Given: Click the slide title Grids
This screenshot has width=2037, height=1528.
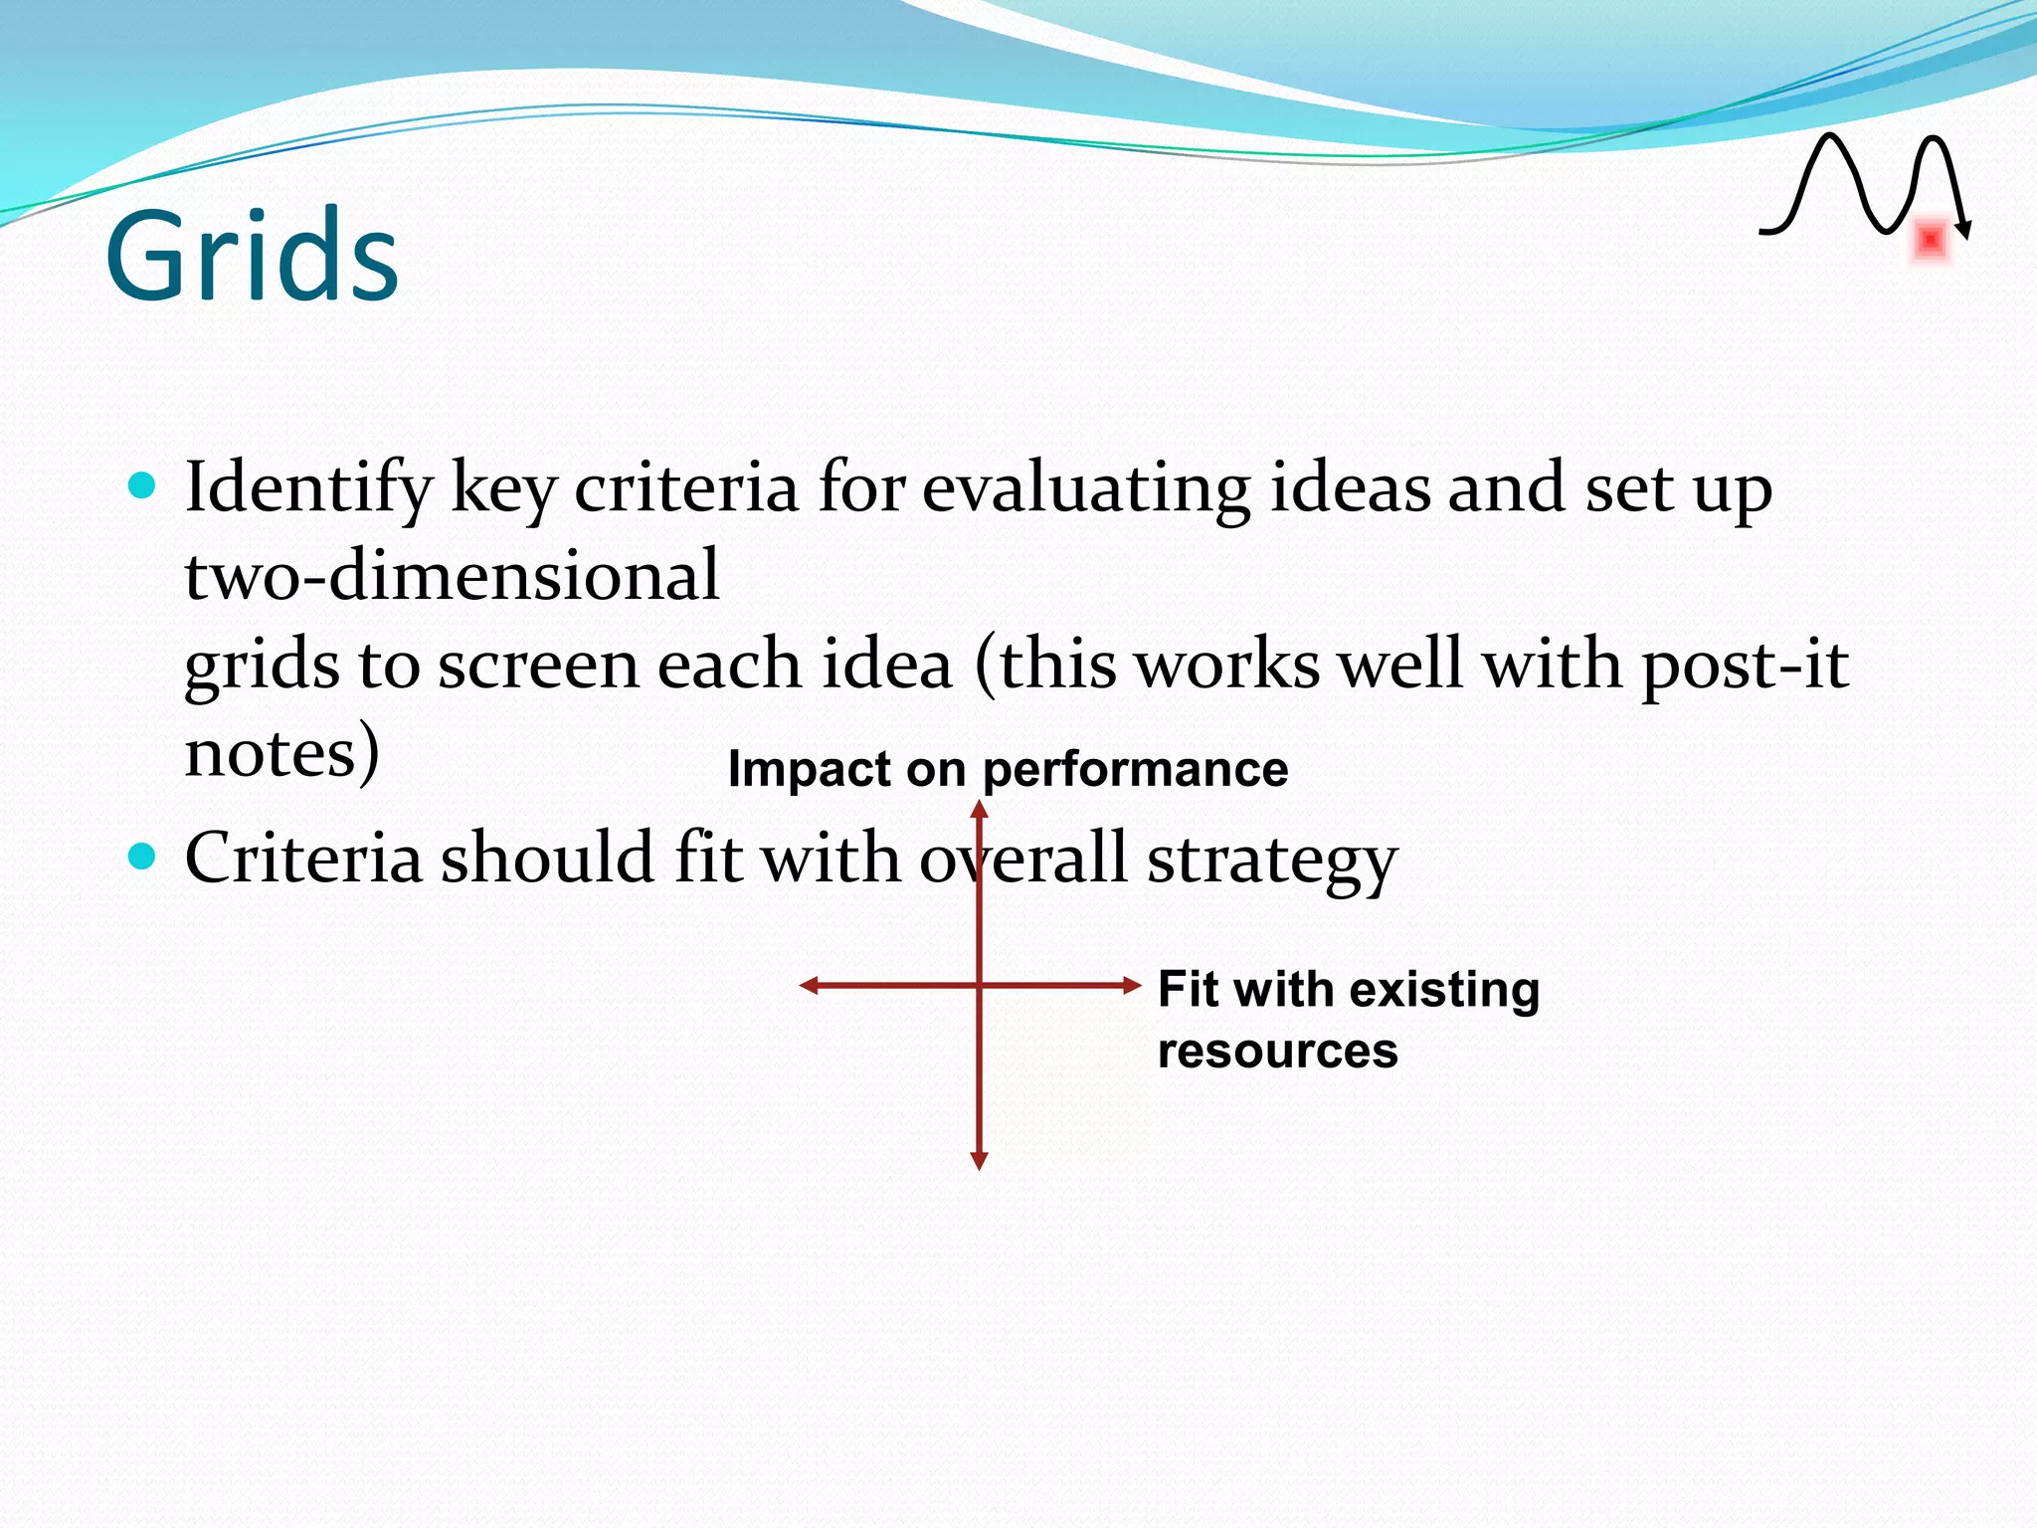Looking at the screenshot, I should (252, 256).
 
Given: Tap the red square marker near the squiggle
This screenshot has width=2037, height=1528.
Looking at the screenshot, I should (1930, 240).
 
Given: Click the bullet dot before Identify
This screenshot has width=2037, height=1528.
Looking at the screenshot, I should (143, 485).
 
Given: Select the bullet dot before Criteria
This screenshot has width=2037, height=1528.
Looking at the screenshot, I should (143, 856).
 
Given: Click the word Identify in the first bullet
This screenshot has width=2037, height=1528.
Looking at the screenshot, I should (308, 489).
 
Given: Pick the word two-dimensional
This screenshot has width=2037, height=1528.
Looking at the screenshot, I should (452, 576).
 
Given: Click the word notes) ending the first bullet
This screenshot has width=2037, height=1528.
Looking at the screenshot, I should (281, 753).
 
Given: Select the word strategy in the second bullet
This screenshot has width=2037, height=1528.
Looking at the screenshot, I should (1272, 859).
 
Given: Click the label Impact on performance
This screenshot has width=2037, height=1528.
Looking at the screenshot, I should (1008, 769).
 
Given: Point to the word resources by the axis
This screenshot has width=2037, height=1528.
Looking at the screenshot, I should (1277, 1050).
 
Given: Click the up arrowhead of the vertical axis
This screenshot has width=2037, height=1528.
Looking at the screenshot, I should (979, 809).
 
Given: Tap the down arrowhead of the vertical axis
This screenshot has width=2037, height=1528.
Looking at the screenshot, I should (979, 1161).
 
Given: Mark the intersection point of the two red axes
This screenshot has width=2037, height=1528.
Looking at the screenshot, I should (979, 985).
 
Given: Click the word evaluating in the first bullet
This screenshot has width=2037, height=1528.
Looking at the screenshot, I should (1085, 489).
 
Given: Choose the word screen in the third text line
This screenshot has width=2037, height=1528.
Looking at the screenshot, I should (537, 665).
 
